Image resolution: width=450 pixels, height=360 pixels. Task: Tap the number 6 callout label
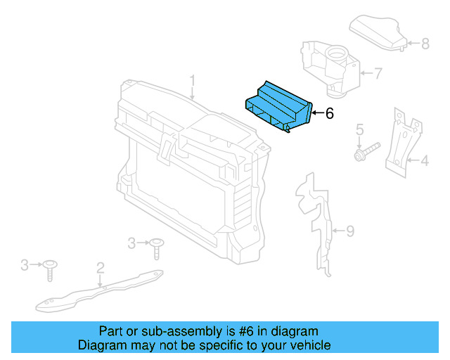pyautogui.click(x=329, y=113)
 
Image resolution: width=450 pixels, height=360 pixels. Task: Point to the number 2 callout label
pyautogui.click(x=101, y=267)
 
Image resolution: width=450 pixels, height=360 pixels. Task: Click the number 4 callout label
pyautogui.click(x=425, y=162)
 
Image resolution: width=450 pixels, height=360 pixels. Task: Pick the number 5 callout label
pyautogui.click(x=359, y=129)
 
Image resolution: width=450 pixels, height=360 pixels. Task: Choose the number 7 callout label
pyautogui.click(x=378, y=73)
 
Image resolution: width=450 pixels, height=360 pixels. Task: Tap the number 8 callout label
pyautogui.click(x=425, y=44)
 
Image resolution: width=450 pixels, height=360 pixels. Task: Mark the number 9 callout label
pyautogui.click(x=350, y=231)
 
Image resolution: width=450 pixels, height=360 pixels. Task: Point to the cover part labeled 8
pyautogui.click(x=378, y=32)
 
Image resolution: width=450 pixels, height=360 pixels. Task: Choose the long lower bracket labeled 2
pyautogui.click(x=98, y=291)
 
